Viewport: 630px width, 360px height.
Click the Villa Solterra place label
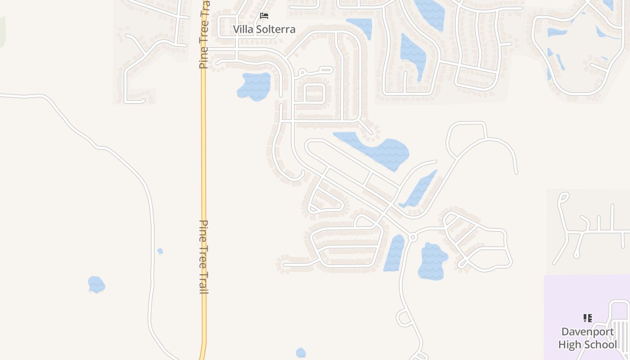(x=264, y=29)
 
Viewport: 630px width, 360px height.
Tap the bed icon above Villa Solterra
(x=264, y=16)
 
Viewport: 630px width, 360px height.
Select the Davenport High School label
(x=587, y=338)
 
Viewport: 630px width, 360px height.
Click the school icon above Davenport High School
(x=587, y=318)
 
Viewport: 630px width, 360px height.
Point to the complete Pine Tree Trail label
(x=204, y=256)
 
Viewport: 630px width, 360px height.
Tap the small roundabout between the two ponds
(x=412, y=237)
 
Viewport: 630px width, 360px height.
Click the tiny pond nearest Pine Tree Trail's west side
(x=160, y=251)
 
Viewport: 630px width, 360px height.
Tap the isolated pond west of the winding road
(x=96, y=284)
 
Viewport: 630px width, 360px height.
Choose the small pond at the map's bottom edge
(x=301, y=352)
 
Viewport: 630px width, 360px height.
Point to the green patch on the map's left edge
(x=2, y=31)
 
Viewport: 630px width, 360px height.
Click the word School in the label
(x=603, y=345)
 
